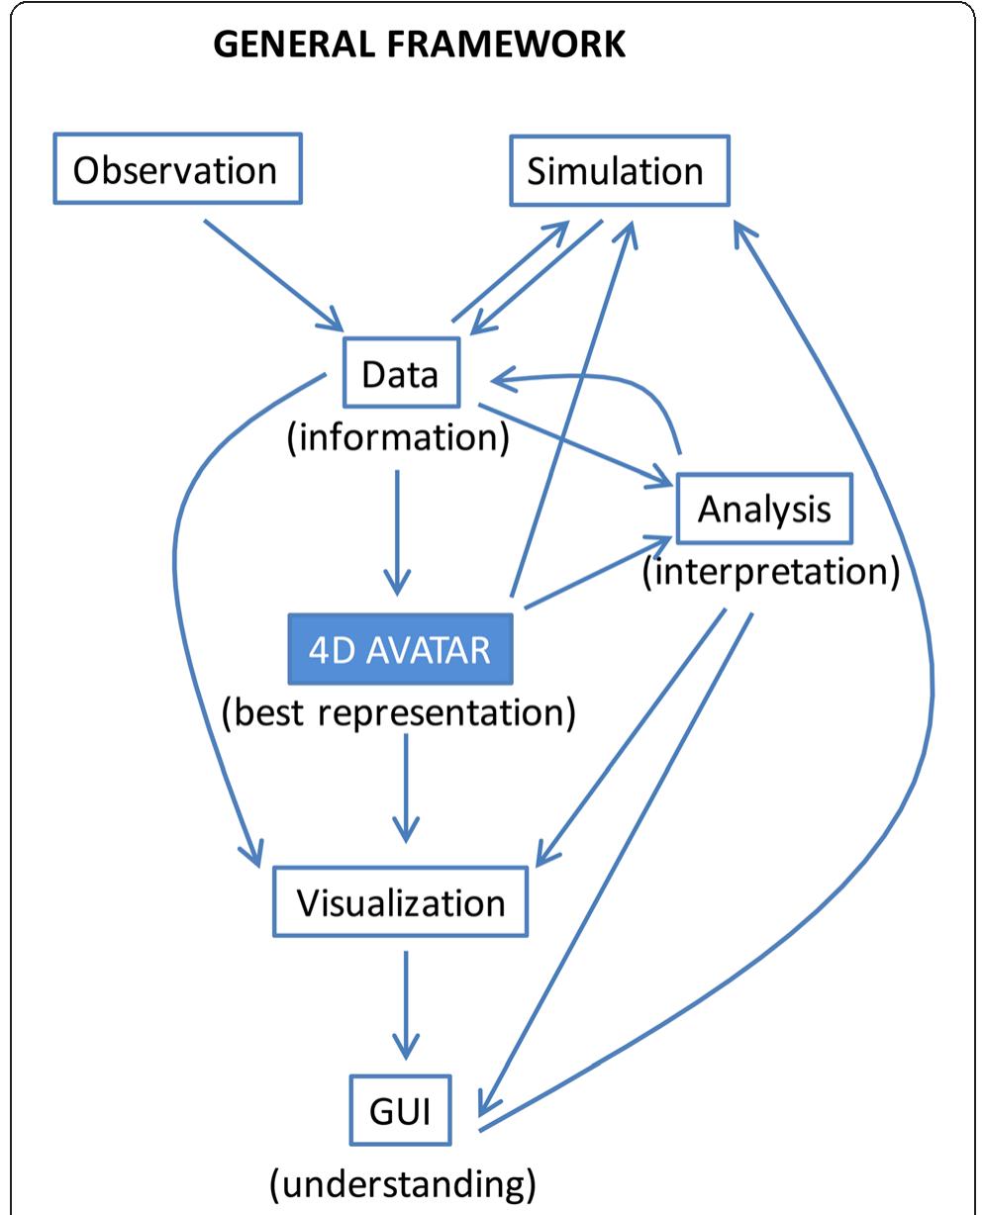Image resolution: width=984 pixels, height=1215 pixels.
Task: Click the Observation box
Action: pos(174,171)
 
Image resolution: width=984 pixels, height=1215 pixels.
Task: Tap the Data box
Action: pos(401,373)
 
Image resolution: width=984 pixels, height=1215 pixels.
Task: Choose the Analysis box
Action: pos(763,510)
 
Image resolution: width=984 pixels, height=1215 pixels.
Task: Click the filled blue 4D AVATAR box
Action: pos(400,649)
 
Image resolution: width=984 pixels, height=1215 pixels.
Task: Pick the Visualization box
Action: pos(401,902)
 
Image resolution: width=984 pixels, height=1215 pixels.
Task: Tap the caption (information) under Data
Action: pos(398,438)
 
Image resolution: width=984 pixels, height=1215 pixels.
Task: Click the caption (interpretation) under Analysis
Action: pos(770,572)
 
